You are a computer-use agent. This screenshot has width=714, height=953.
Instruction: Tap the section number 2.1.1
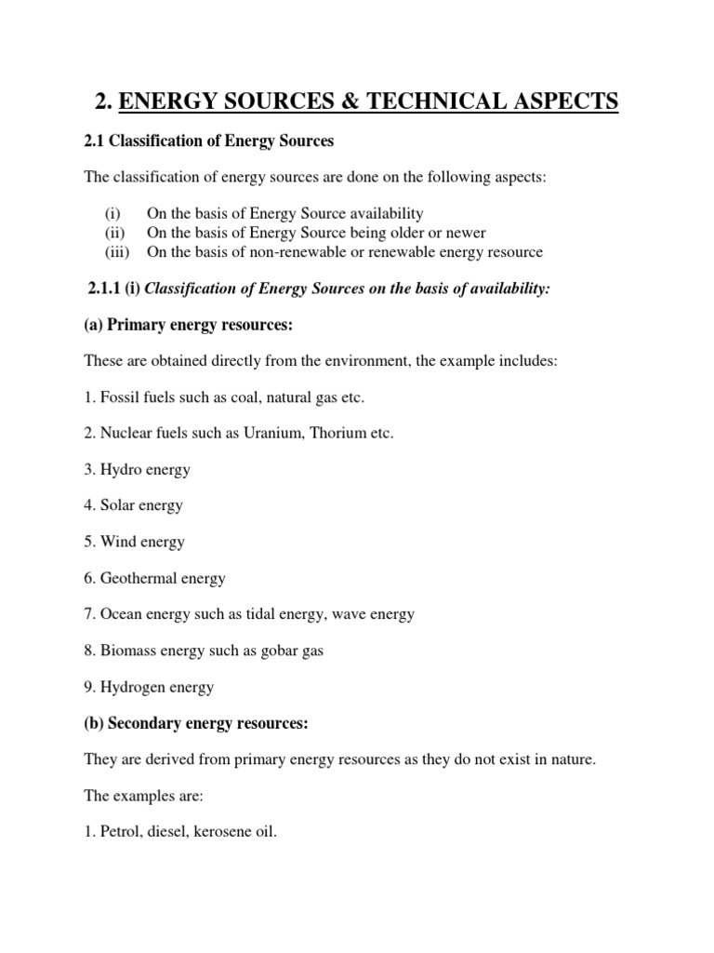[104, 289]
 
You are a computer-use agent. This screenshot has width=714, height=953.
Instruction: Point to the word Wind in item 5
[117, 542]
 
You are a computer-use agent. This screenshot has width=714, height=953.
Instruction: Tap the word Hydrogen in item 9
[131, 688]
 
